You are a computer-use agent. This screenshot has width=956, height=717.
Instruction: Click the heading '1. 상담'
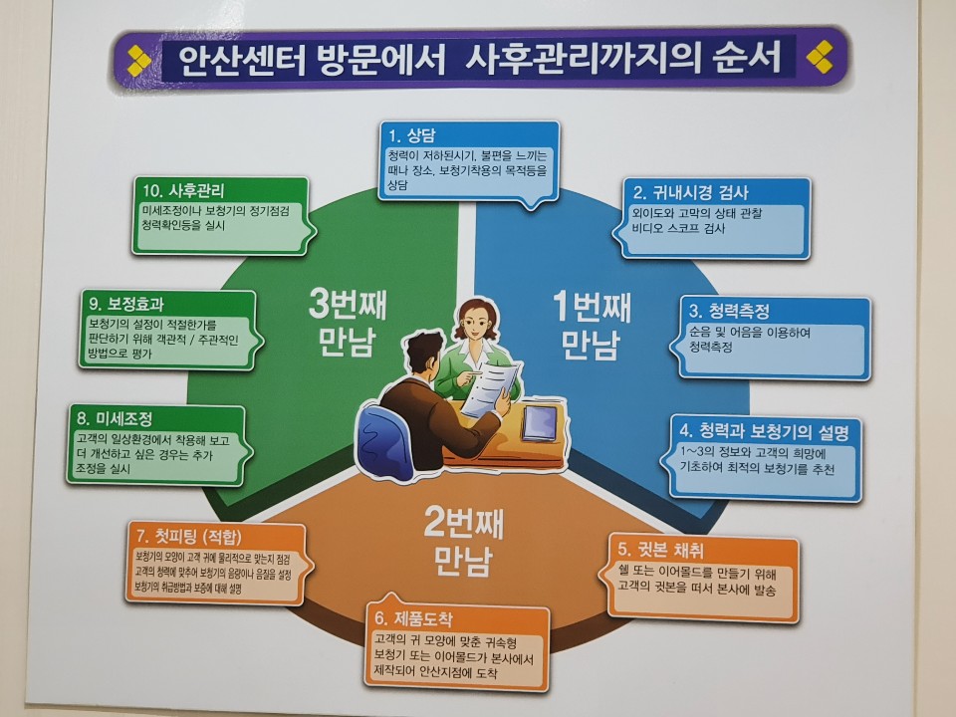412,135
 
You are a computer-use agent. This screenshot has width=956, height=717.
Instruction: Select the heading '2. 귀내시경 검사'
690,192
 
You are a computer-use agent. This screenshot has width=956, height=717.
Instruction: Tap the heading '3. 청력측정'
729,311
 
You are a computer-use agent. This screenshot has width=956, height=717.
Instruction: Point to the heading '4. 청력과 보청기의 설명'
764,432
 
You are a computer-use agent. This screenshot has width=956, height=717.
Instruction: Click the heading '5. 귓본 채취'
660,550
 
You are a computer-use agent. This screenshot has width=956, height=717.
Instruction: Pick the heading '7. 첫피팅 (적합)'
189,537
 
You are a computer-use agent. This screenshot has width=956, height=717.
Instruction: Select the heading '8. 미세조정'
114,418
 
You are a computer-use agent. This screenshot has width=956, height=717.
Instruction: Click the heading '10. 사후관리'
183,191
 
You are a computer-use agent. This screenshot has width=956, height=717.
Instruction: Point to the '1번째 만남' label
591,325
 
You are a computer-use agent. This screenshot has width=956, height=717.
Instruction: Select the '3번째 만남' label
347,322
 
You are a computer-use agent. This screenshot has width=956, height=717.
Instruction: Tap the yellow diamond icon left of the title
139,61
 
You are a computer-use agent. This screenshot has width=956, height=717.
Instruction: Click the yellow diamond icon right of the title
820,57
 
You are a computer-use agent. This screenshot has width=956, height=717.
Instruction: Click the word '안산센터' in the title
241,60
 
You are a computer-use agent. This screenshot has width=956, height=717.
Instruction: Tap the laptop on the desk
539,422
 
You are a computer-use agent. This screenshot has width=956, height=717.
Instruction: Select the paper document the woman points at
491,387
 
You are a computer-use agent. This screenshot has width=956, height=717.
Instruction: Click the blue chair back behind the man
380,436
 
